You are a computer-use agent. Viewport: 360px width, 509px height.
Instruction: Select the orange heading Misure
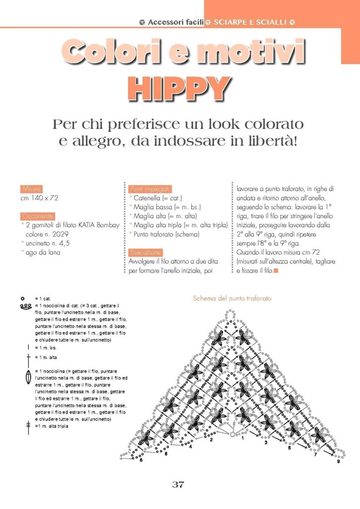pos(31,189)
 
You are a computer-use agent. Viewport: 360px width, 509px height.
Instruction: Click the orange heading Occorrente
pos(36,216)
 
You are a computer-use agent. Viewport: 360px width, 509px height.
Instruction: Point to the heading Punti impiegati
pos(150,189)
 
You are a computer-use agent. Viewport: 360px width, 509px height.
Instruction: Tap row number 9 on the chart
pos(338,462)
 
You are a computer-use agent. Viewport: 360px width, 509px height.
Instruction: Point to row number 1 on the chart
pos(242,438)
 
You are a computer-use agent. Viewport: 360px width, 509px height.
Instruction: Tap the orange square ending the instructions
pos(276,271)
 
